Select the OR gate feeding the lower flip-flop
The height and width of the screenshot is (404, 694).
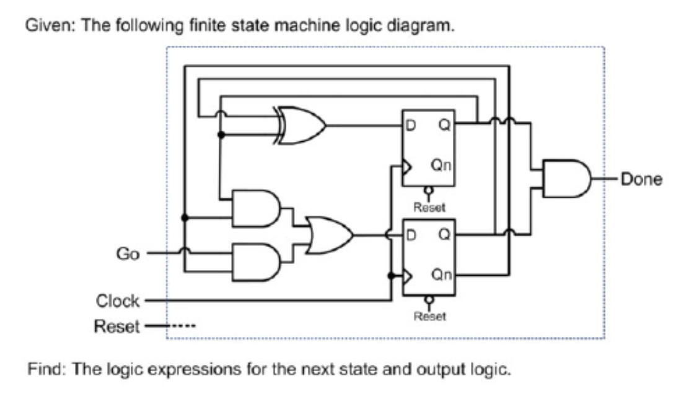tap(330, 235)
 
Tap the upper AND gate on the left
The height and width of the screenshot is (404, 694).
tap(255, 208)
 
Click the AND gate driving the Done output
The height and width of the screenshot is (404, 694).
tap(566, 178)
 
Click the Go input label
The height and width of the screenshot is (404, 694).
tap(128, 254)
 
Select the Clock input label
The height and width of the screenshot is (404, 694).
tap(118, 302)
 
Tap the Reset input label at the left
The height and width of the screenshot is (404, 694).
tap(116, 326)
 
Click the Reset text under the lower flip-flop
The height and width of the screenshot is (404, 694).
tap(429, 316)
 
